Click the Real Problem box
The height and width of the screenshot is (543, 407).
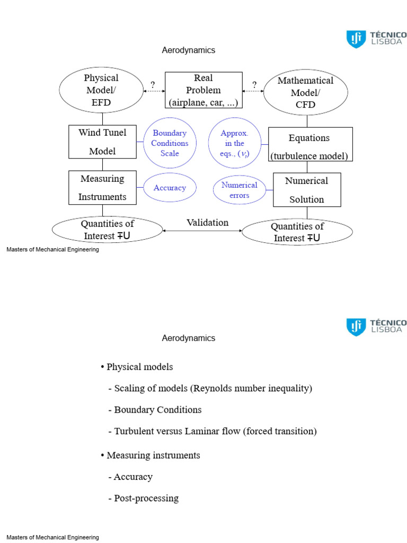tap(203, 90)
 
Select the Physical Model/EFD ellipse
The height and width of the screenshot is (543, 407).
tap(101, 90)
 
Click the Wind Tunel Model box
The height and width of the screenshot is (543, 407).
tap(102, 142)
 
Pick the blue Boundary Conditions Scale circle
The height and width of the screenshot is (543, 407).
tap(170, 143)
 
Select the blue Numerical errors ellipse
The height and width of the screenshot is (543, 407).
tap(239, 190)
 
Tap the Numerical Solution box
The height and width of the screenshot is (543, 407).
tap(306, 190)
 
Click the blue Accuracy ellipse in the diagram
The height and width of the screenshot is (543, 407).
tap(170, 188)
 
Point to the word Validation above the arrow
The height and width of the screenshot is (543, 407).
tap(207, 223)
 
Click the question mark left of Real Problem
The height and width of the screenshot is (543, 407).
tap(153, 85)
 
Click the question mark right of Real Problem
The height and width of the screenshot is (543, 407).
tap(254, 85)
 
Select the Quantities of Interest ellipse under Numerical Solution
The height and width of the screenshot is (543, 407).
tap(297, 232)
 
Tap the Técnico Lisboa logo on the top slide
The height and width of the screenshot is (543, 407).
tap(377, 39)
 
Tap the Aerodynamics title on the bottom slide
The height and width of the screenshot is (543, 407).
tap(189, 338)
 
